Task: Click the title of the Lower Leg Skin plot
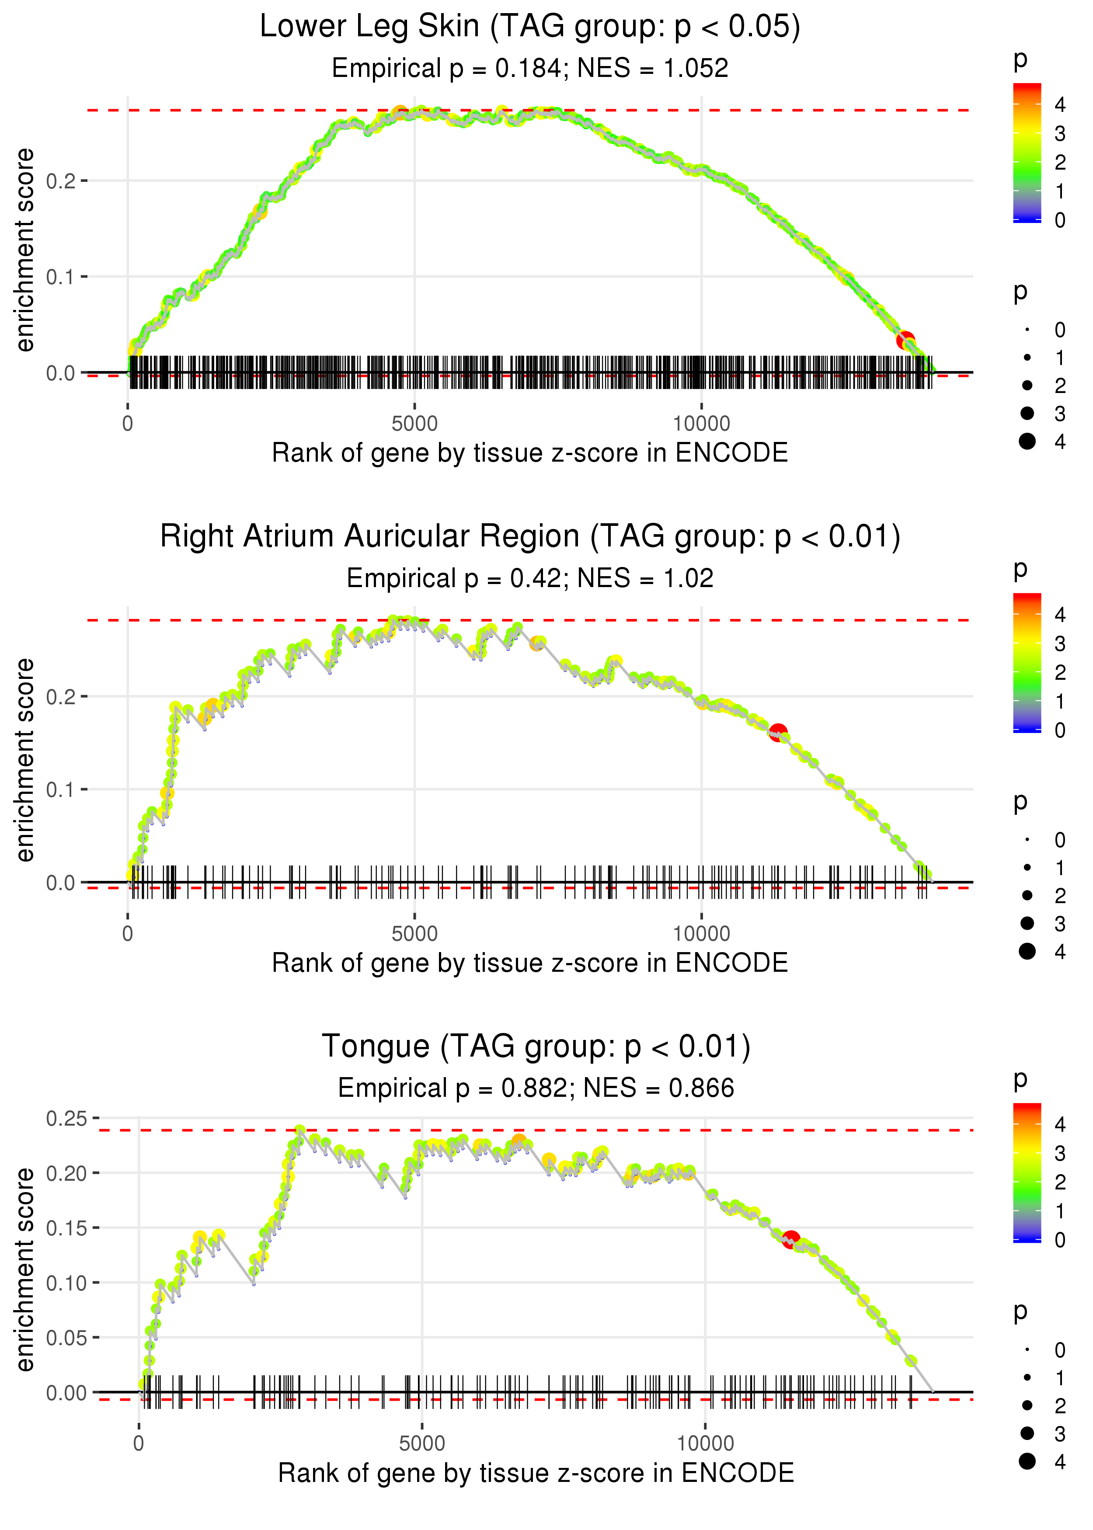[x=530, y=27]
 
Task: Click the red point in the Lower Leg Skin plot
[x=905, y=341]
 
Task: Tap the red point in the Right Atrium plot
[x=778, y=733]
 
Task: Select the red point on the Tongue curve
[x=791, y=1239]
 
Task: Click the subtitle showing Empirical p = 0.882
[x=535, y=1088]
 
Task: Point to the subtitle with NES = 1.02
[x=530, y=578]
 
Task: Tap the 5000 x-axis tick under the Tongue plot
[x=422, y=1443]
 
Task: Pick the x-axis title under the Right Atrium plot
[x=530, y=963]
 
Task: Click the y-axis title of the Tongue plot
[x=25, y=1269]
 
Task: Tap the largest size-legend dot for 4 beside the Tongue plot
[x=1027, y=1461]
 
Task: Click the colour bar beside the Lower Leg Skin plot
[x=1027, y=153]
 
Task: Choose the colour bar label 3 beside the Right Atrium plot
[x=1060, y=644]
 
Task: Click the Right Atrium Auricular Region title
[x=530, y=537]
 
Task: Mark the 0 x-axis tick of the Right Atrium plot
[x=128, y=933]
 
